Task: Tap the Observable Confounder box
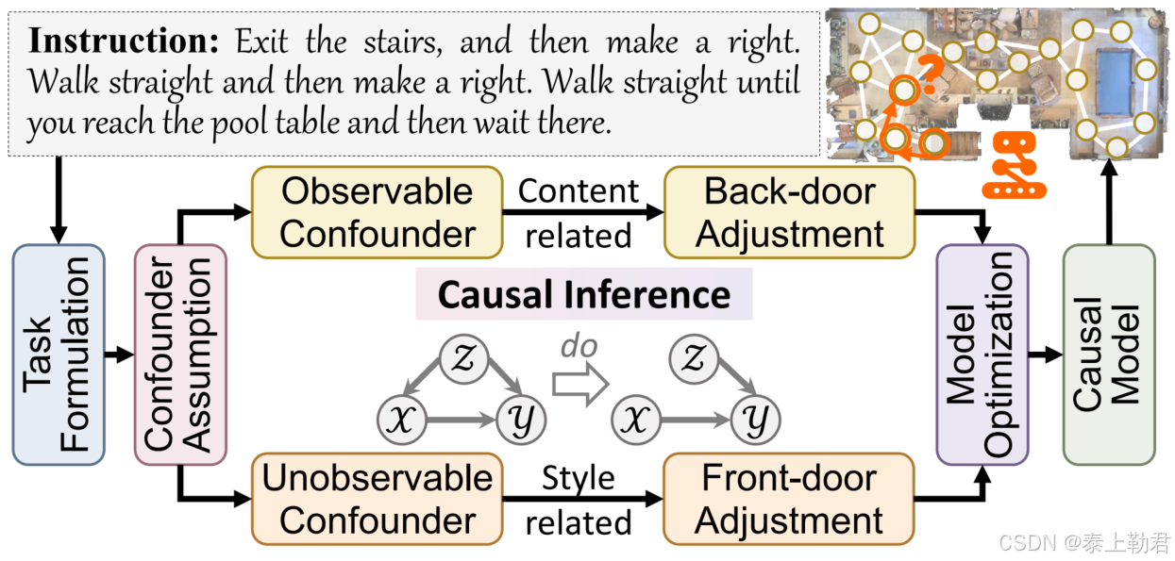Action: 377,212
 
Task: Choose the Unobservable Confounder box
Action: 377,499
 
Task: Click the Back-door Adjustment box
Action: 790,212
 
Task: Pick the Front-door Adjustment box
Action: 790,499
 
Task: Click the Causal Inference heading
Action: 583,294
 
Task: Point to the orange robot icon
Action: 1016,165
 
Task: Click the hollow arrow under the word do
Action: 578,385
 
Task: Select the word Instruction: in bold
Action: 126,41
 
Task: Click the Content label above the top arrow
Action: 579,191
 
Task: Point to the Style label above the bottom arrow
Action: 579,478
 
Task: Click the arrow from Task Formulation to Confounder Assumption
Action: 119,355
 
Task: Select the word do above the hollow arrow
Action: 579,348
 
